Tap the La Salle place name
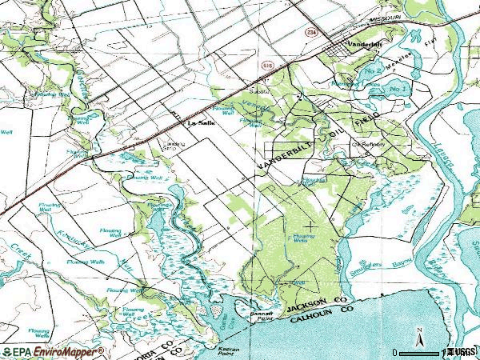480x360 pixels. click(x=201, y=124)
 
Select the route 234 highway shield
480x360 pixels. click(x=310, y=30)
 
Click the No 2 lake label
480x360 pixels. click(x=373, y=72)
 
